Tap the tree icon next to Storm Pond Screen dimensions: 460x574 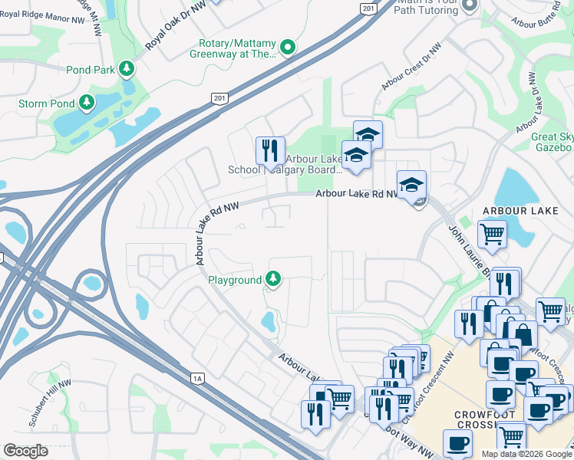(87, 102)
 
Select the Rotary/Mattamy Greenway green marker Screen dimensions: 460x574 (288, 48)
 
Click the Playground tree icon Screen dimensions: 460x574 (272, 280)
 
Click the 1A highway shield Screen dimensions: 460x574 (197, 377)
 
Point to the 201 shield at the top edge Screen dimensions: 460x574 (368, 8)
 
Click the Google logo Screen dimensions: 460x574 (25, 451)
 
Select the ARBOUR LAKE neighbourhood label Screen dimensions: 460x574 (515, 211)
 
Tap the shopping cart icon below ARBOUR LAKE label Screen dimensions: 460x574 (492, 233)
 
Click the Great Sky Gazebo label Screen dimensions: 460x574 (553, 143)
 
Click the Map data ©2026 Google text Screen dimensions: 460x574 (526, 454)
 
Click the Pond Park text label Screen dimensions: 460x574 (91, 70)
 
